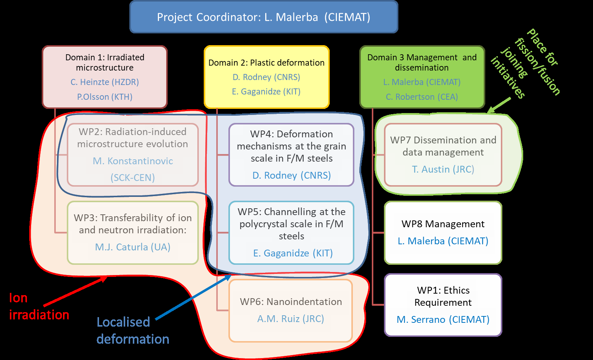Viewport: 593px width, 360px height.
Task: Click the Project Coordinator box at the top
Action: (x=264, y=17)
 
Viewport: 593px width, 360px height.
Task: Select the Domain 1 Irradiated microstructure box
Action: (x=105, y=77)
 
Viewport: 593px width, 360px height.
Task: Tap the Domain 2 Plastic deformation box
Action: (x=266, y=77)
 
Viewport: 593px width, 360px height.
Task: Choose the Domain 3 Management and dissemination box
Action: (x=422, y=77)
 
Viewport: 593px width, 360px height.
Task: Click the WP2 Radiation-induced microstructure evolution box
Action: (x=132, y=154)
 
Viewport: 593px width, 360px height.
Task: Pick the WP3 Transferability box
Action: (x=132, y=232)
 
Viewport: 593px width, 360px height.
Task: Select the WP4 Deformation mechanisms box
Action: (x=291, y=154)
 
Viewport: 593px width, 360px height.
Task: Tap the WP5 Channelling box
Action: (x=291, y=232)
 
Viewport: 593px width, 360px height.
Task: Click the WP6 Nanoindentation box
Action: (x=291, y=310)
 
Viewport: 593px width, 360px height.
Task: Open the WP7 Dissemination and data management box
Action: (x=443, y=154)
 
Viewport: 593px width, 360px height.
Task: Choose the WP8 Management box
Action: (x=443, y=232)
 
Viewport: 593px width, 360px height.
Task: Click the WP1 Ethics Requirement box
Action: (x=443, y=305)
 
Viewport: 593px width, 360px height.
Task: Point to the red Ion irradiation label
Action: (x=39, y=307)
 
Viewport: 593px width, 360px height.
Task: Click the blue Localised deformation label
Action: (x=132, y=330)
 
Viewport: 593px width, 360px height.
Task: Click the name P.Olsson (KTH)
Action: (x=105, y=97)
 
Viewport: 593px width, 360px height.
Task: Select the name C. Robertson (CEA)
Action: (x=422, y=97)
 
